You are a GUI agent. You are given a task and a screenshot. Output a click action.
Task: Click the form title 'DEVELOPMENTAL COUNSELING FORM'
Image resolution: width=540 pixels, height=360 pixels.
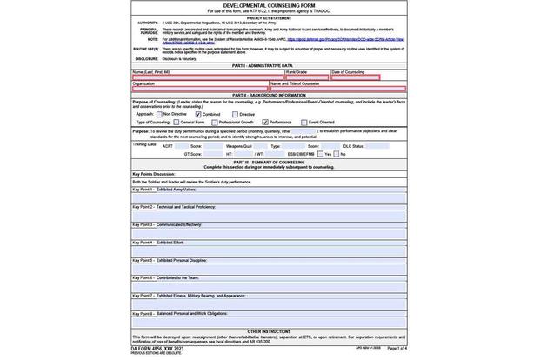point(269,5)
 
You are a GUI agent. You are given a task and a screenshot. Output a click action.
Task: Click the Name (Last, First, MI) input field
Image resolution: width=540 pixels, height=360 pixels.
point(208,77)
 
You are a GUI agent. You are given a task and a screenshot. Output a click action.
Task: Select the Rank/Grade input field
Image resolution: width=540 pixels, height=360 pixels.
point(307,77)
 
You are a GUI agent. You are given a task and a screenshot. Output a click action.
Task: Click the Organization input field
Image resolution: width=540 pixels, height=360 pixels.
point(200,89)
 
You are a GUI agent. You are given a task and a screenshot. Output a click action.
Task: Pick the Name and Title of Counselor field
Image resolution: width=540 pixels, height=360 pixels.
point(337,89)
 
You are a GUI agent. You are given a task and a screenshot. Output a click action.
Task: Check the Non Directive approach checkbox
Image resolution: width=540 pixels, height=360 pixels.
point(159,114)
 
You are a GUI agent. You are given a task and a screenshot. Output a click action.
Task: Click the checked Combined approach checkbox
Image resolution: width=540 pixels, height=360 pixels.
point(198,114)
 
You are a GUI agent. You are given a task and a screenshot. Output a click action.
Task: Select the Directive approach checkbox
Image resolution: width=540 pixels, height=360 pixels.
point(235,114)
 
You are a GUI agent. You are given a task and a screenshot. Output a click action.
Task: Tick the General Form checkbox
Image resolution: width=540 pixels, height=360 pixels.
point(176,123)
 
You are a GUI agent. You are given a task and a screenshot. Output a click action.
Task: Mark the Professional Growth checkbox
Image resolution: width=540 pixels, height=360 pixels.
point(214,123)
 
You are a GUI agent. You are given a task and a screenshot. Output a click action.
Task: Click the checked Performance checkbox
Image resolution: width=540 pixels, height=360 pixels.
point(265,123)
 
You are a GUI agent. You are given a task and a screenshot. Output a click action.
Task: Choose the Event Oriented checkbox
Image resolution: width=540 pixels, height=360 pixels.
point(303,123)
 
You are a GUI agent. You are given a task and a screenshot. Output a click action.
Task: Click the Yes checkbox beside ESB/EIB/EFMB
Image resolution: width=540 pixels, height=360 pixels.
point(320,154)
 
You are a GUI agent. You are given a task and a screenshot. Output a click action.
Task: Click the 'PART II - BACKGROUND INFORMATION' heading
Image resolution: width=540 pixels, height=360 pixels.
point(269,95)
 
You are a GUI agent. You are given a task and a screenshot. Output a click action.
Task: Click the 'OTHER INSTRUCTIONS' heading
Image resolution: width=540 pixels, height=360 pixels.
point(269,331)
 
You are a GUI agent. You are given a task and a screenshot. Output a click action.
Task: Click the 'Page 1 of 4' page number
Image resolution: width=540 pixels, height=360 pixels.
point(397,348)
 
